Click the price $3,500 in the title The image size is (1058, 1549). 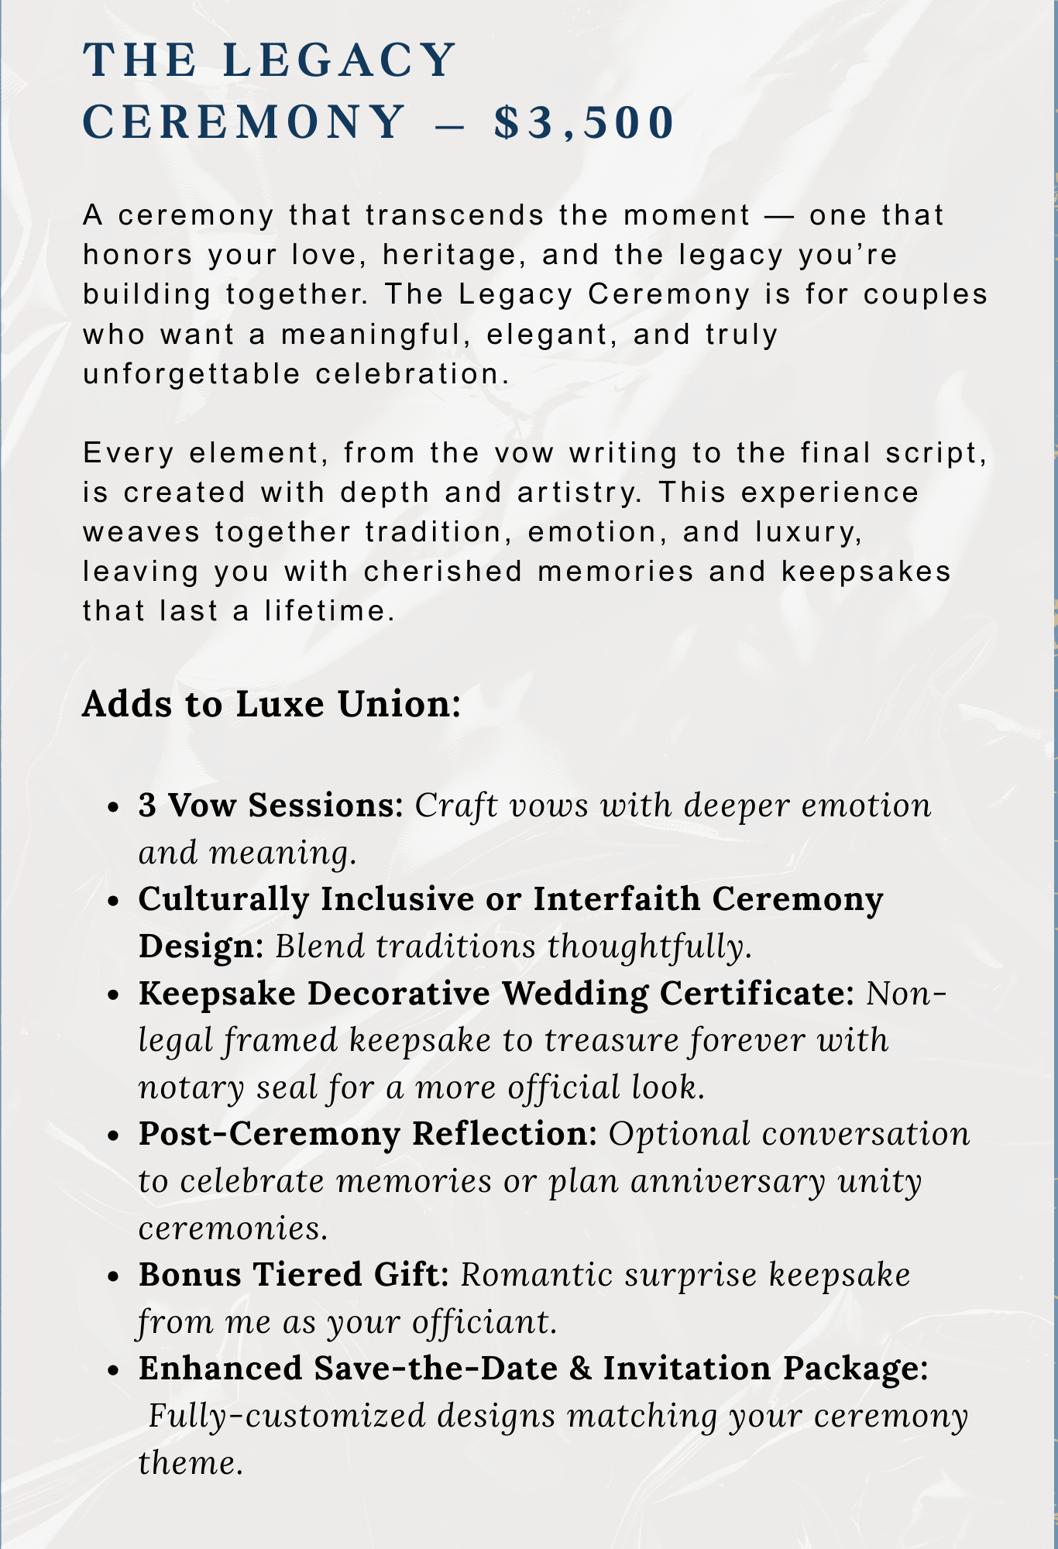585,122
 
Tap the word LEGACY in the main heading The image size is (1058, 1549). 339,59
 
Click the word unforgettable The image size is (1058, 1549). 191,374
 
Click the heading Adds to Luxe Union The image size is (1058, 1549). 271,704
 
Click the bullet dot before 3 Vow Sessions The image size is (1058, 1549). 115,807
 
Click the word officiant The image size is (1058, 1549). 484,1322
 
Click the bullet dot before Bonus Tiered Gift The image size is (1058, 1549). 115,1276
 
